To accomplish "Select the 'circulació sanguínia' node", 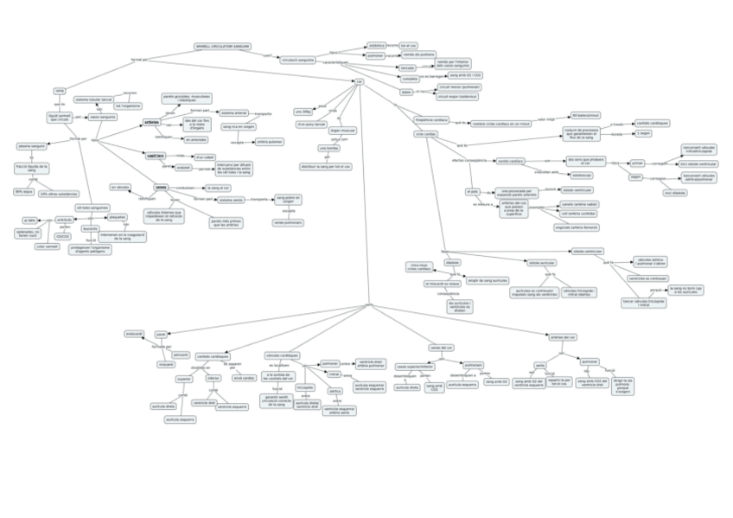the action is [299, 60].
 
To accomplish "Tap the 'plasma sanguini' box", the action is [34, 146].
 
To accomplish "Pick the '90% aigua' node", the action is [23, 192].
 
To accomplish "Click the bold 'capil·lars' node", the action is [156, 156].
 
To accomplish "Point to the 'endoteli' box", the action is [183, 167].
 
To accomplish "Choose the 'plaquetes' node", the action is [118, 217].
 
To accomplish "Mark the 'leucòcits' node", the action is [90, 228].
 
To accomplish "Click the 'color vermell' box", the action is [46, 246].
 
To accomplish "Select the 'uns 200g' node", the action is [303, 112].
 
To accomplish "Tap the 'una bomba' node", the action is [328, 148].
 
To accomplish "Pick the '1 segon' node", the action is [644, 133].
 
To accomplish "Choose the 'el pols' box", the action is [473, 191].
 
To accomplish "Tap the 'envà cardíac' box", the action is [245, 378].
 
